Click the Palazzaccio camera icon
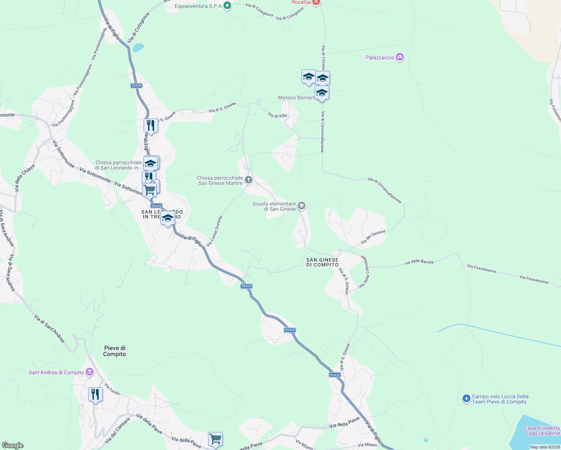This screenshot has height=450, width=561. pos(400,57)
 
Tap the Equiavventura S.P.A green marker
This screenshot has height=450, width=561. pos(227,6)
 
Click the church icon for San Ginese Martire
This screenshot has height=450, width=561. pos(248,180)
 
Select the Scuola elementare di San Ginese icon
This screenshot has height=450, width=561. pos(301,206)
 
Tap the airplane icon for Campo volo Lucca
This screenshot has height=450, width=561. pos(466,399)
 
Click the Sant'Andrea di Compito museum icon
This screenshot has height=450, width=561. pos(89,372)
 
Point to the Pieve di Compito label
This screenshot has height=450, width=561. pos(115,351)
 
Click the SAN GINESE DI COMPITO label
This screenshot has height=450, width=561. pos(322,262)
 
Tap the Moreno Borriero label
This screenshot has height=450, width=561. pos(296,97)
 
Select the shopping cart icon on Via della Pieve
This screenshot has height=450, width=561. pos(216,439)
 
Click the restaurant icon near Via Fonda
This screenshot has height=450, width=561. pos(95,394)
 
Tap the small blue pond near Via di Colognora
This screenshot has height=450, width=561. pos(138,48)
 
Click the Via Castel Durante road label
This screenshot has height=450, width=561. pos(214,231)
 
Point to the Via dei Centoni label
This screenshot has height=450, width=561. pos(373,237)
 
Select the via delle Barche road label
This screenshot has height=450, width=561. pos(419,262)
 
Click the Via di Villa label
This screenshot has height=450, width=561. pos(277,115)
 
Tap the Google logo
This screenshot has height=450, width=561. pos(13,445)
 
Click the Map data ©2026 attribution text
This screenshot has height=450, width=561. pos(545,447)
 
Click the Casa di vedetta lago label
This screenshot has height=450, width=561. pos(541,430)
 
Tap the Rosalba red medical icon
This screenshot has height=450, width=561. pos(316,2)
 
